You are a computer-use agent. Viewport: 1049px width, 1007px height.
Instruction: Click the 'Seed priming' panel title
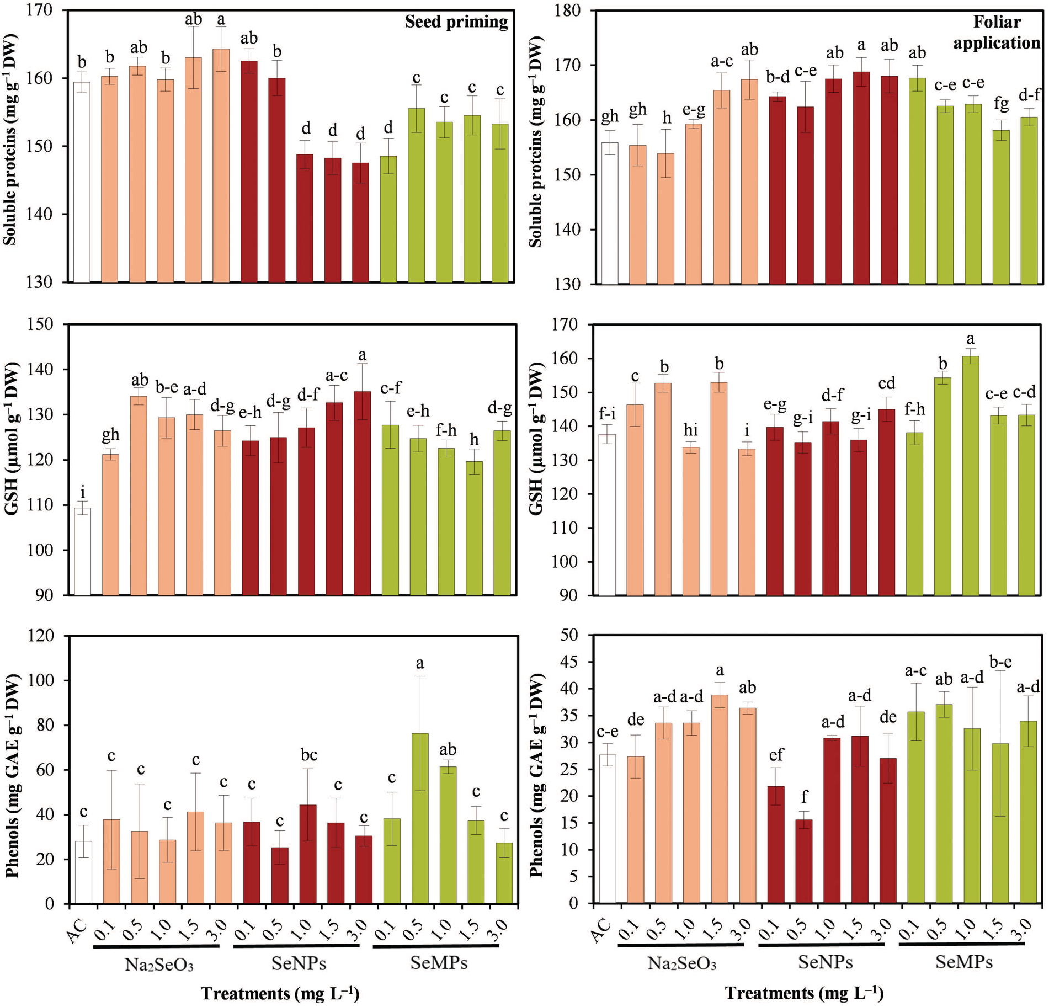[x=456, y=22]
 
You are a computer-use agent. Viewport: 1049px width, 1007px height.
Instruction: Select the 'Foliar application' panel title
[x=997, y=32]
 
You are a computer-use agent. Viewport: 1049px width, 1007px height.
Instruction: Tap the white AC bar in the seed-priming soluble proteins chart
[x=82, y=182]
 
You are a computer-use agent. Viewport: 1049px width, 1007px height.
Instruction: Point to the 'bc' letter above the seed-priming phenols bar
[x=308, y=755]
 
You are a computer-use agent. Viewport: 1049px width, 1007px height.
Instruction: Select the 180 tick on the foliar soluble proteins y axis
[x=569, y=11]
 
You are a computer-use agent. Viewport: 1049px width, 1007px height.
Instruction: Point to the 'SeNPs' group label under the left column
[x=299, y=964]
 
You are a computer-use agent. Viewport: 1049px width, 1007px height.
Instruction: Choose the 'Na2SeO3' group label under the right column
[x=681, y=964]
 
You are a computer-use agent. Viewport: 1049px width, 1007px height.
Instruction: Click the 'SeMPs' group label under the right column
[x=963, y=963]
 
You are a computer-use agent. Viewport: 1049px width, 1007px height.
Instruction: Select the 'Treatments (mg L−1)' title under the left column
[x=280, y=993]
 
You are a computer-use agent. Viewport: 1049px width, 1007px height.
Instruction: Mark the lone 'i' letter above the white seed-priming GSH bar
[x=83, y=492]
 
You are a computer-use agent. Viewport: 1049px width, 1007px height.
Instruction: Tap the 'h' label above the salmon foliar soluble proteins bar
[x=667, y=118]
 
